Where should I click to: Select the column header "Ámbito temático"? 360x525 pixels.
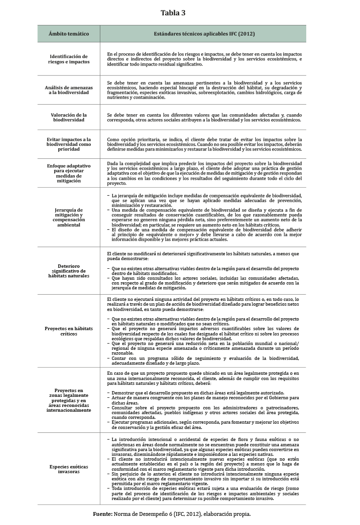[x=69, y=34]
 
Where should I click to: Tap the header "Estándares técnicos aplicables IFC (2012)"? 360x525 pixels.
[x=204, y=34]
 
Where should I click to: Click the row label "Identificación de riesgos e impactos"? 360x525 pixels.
[x=69, y=59]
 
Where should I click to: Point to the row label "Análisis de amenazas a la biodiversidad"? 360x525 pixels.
[x=69, y=90]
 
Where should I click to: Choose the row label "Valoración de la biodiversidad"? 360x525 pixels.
[x=69, y=118]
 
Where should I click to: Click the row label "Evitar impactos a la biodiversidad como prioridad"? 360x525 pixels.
[x=69, y=144]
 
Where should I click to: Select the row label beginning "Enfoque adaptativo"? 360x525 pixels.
[x=69, y=173]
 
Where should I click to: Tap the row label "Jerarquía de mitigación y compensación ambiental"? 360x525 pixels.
[x=69, y=217]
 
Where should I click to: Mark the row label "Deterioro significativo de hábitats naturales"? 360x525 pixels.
[x=69, y=271]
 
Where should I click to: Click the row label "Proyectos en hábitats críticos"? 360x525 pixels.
[x=69, y=331]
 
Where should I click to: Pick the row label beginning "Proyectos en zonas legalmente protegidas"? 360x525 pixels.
[x=69, y=400]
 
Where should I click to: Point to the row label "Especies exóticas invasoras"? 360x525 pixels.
[x=69, y=469]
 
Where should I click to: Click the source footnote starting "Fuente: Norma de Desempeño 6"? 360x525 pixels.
[x=172, y=514]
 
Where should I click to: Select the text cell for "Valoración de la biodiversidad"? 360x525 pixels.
[x=204, y=118]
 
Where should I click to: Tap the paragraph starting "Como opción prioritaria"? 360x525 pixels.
[x=204, y=144]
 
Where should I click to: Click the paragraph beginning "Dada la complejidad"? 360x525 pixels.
[x=204, y=173]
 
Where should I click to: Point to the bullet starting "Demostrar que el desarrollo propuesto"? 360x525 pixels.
[x=204, y=393]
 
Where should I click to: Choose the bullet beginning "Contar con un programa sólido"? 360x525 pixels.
[x=204, y=360]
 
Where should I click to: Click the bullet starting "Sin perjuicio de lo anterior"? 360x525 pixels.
[x=204, y=479]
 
